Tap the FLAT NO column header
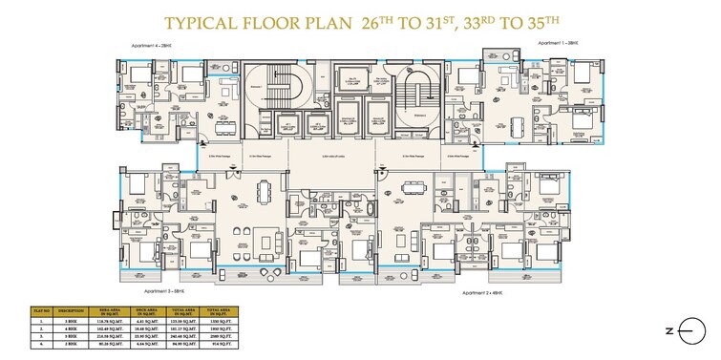(x=42, y=310)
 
